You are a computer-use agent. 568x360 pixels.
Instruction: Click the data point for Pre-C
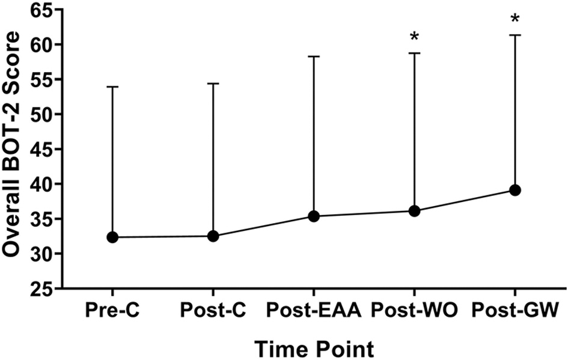pos(112,237)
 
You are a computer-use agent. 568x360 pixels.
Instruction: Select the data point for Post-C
pos(213,236)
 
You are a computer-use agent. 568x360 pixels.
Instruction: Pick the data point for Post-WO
pos(414,211)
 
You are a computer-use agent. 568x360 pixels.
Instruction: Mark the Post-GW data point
pos(515,191)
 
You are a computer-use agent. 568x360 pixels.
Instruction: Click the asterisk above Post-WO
pos(414,37)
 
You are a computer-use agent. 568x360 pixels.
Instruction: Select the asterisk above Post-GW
pos(515,19)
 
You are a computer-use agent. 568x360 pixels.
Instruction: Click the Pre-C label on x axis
pos(112,311)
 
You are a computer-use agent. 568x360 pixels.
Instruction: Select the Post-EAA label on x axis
pos(314,311)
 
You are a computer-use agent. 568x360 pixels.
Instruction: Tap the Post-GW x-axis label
pos(515,311)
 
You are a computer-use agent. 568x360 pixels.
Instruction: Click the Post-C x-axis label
pos(213,311)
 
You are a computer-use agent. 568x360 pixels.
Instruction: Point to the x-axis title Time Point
pos(313,348)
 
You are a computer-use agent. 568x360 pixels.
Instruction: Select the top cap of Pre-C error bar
pos(112,87)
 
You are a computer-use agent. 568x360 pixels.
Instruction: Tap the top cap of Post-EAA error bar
pos(314,56)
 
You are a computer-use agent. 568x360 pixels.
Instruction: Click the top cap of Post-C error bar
pos(213,84)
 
